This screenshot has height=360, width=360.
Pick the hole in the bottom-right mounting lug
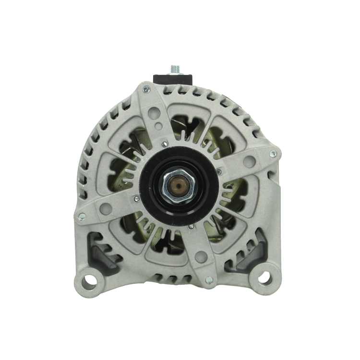(264, 277)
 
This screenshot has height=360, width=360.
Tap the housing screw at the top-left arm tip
(145, 90)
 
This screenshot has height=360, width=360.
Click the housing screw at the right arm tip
(273, 154)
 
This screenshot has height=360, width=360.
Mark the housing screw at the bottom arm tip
(208, 279)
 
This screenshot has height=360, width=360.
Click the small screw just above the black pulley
(165, 144)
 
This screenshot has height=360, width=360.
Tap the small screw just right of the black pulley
(219, 172)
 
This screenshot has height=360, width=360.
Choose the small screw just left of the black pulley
(137, 198)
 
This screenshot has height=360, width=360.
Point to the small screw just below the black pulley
(192, 226)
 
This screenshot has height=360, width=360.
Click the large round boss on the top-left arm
(154, 113)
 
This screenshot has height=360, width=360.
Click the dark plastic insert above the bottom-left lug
(103, 252)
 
